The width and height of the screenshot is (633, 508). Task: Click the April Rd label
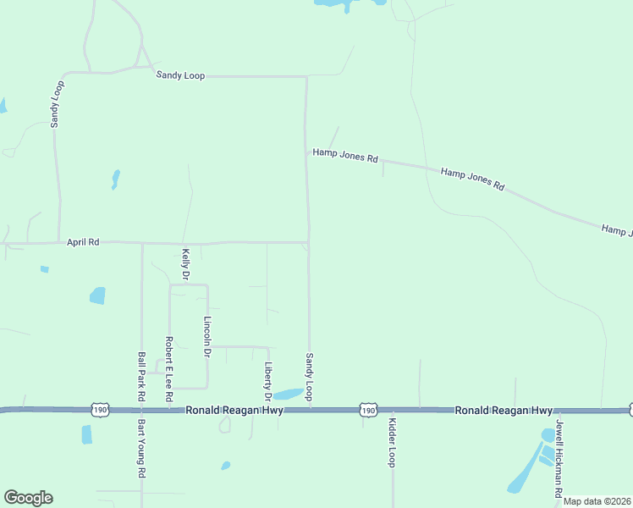click(83, 242)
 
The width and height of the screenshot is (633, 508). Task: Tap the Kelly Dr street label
click(185, 264)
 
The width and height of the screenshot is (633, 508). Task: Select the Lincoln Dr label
click(207, 335)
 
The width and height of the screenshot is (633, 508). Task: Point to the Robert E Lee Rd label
click(169, 368)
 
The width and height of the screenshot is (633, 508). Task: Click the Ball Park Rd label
click(141, 376)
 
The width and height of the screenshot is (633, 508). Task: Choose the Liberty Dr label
click(267, 381)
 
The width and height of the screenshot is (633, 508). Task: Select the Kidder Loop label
click(392, 442)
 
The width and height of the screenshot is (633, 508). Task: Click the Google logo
click(28, 498)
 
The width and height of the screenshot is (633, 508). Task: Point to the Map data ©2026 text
click(597, 501)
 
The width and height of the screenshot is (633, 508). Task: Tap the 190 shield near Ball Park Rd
click(101, 410)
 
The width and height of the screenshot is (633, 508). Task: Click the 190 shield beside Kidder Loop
click(367, 410)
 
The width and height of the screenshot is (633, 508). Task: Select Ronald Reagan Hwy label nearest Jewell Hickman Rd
click(504, 410)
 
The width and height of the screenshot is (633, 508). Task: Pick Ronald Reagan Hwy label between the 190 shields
click(234, 410)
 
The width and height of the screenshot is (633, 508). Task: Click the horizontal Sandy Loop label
click(179, 75)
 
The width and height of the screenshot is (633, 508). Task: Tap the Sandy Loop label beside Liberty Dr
click(310, 378)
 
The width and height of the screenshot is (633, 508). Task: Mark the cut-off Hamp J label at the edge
click(617, 229)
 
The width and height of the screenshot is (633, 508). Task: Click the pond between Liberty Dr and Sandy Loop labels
click(286, 394)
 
